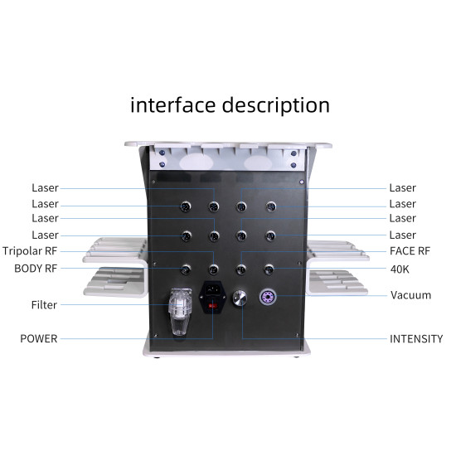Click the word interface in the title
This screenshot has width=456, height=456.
172,104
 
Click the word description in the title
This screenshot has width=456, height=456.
276,106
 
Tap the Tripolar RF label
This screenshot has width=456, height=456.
30,251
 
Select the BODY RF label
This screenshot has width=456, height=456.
36,269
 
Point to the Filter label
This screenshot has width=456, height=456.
44,305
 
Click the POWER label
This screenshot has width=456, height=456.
39,338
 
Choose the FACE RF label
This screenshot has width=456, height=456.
410,251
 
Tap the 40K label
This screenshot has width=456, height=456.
400,269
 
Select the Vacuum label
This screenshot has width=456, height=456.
410,295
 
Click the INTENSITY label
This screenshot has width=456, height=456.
416,339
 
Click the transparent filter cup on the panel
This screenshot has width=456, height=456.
180,312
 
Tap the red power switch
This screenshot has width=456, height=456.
212,306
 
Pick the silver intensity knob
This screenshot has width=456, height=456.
240,298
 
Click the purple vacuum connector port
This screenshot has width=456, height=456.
268,297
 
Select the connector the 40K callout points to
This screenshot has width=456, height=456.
269,269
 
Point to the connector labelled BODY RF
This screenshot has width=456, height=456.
186,269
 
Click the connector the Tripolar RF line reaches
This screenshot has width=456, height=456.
214,269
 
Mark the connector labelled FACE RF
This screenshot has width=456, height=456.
240,269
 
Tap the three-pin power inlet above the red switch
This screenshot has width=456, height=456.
212,289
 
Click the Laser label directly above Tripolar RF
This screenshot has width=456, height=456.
45,235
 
